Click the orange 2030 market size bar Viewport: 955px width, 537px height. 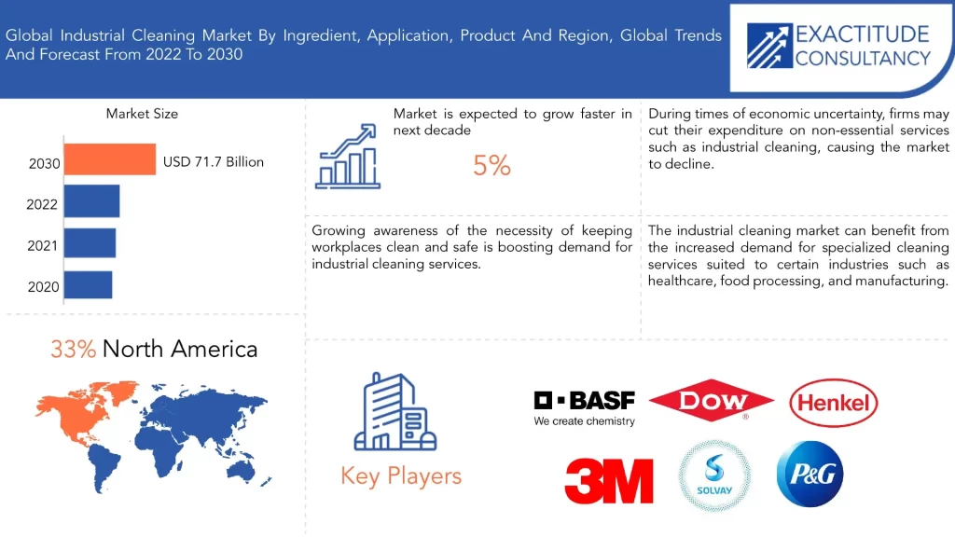pos(110,159)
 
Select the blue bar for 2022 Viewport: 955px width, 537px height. pos(92,201)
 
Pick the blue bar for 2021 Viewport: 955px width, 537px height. pos(90,243)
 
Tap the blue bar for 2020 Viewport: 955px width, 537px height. pos(88,284)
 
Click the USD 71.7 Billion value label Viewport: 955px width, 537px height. pos(214,162)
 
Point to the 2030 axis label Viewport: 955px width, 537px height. pos(45,164)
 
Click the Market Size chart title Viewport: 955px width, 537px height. pos(142,114)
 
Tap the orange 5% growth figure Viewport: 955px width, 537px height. pos(491,166)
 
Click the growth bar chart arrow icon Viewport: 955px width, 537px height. pos(348,157)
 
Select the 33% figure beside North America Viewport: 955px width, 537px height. pos(73,350)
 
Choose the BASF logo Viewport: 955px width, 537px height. pos(584,408)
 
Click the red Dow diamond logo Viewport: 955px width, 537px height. pos(712,400)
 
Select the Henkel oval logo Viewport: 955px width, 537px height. pos(833,403)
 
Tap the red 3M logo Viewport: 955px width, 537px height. pos(609,481)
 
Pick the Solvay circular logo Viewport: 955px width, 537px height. pos(714,475)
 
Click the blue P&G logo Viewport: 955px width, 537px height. pos(810,474)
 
